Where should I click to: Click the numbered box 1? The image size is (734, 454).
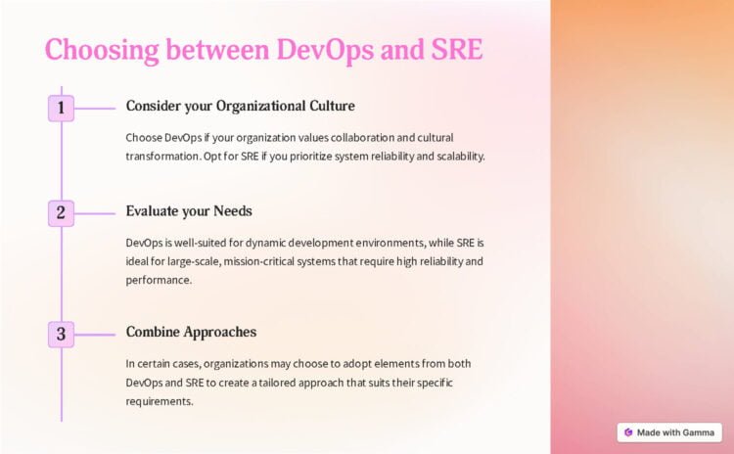coord(61,108)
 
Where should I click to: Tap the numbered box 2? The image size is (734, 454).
coord(61,213)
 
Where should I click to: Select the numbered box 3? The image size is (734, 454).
coord(61,335)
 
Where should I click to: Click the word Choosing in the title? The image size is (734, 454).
coord(102,50)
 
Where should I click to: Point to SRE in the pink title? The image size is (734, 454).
coord(456,49)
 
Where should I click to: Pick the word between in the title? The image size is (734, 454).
coord(217,49)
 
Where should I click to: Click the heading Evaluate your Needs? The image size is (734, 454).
coord(189,211)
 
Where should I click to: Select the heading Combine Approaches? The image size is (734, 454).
coord(191,333)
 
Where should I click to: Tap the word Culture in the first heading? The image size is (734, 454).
coord(332,106)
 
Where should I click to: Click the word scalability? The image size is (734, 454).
coord(461,157)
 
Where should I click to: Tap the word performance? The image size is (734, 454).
coord(159,281)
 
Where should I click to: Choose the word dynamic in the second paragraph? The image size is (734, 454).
coord(265,243)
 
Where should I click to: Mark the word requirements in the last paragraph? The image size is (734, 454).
coord(160,401)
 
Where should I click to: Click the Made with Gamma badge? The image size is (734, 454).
coord(669,432)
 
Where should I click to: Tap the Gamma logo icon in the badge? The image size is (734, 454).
coord(628,432)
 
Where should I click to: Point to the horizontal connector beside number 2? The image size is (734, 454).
coord(95,214)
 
